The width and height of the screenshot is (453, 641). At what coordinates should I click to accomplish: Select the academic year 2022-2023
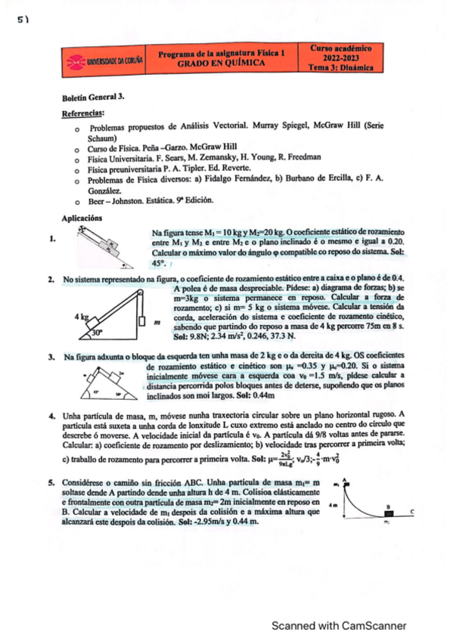(341, 57)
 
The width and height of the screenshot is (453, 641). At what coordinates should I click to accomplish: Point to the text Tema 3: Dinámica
(341, 67)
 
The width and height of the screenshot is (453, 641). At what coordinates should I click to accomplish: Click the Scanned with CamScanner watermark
(339, 625)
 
